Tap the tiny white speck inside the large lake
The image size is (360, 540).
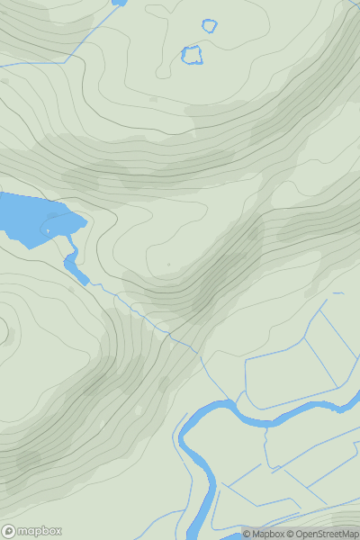(48, 231)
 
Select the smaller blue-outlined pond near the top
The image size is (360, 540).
(210, 25)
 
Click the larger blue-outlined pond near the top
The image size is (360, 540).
(192, 55)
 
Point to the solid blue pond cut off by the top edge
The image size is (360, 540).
(119, 3)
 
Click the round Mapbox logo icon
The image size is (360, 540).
(9, 531)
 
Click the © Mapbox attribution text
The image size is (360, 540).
(265, 534)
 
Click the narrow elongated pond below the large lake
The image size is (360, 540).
(76, 268)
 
